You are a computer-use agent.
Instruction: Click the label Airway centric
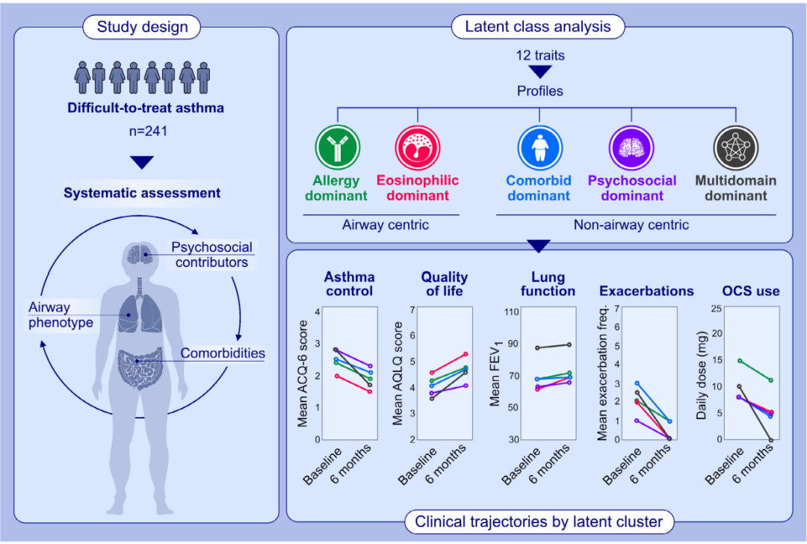click(x=380, y=224)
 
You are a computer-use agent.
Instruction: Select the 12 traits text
click(x=539, y=56)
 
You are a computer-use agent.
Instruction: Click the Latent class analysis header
click(x=538, y=28)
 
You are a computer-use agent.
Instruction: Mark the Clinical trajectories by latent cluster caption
click(x=538, y=521)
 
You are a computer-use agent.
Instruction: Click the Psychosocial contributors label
click(x=211, y=254)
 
